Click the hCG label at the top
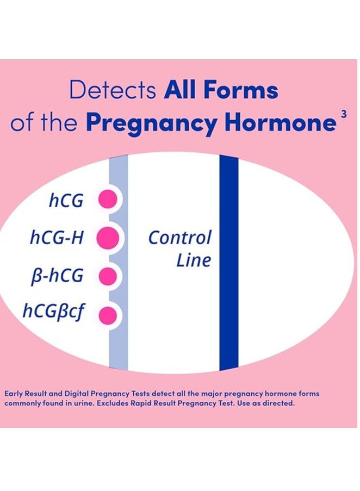66,201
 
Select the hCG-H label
57,237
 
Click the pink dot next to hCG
107,200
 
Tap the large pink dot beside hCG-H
108,238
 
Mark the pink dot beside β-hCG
107,276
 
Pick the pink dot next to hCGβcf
108,315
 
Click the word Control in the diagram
179,238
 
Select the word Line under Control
193,260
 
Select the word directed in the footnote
280,403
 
